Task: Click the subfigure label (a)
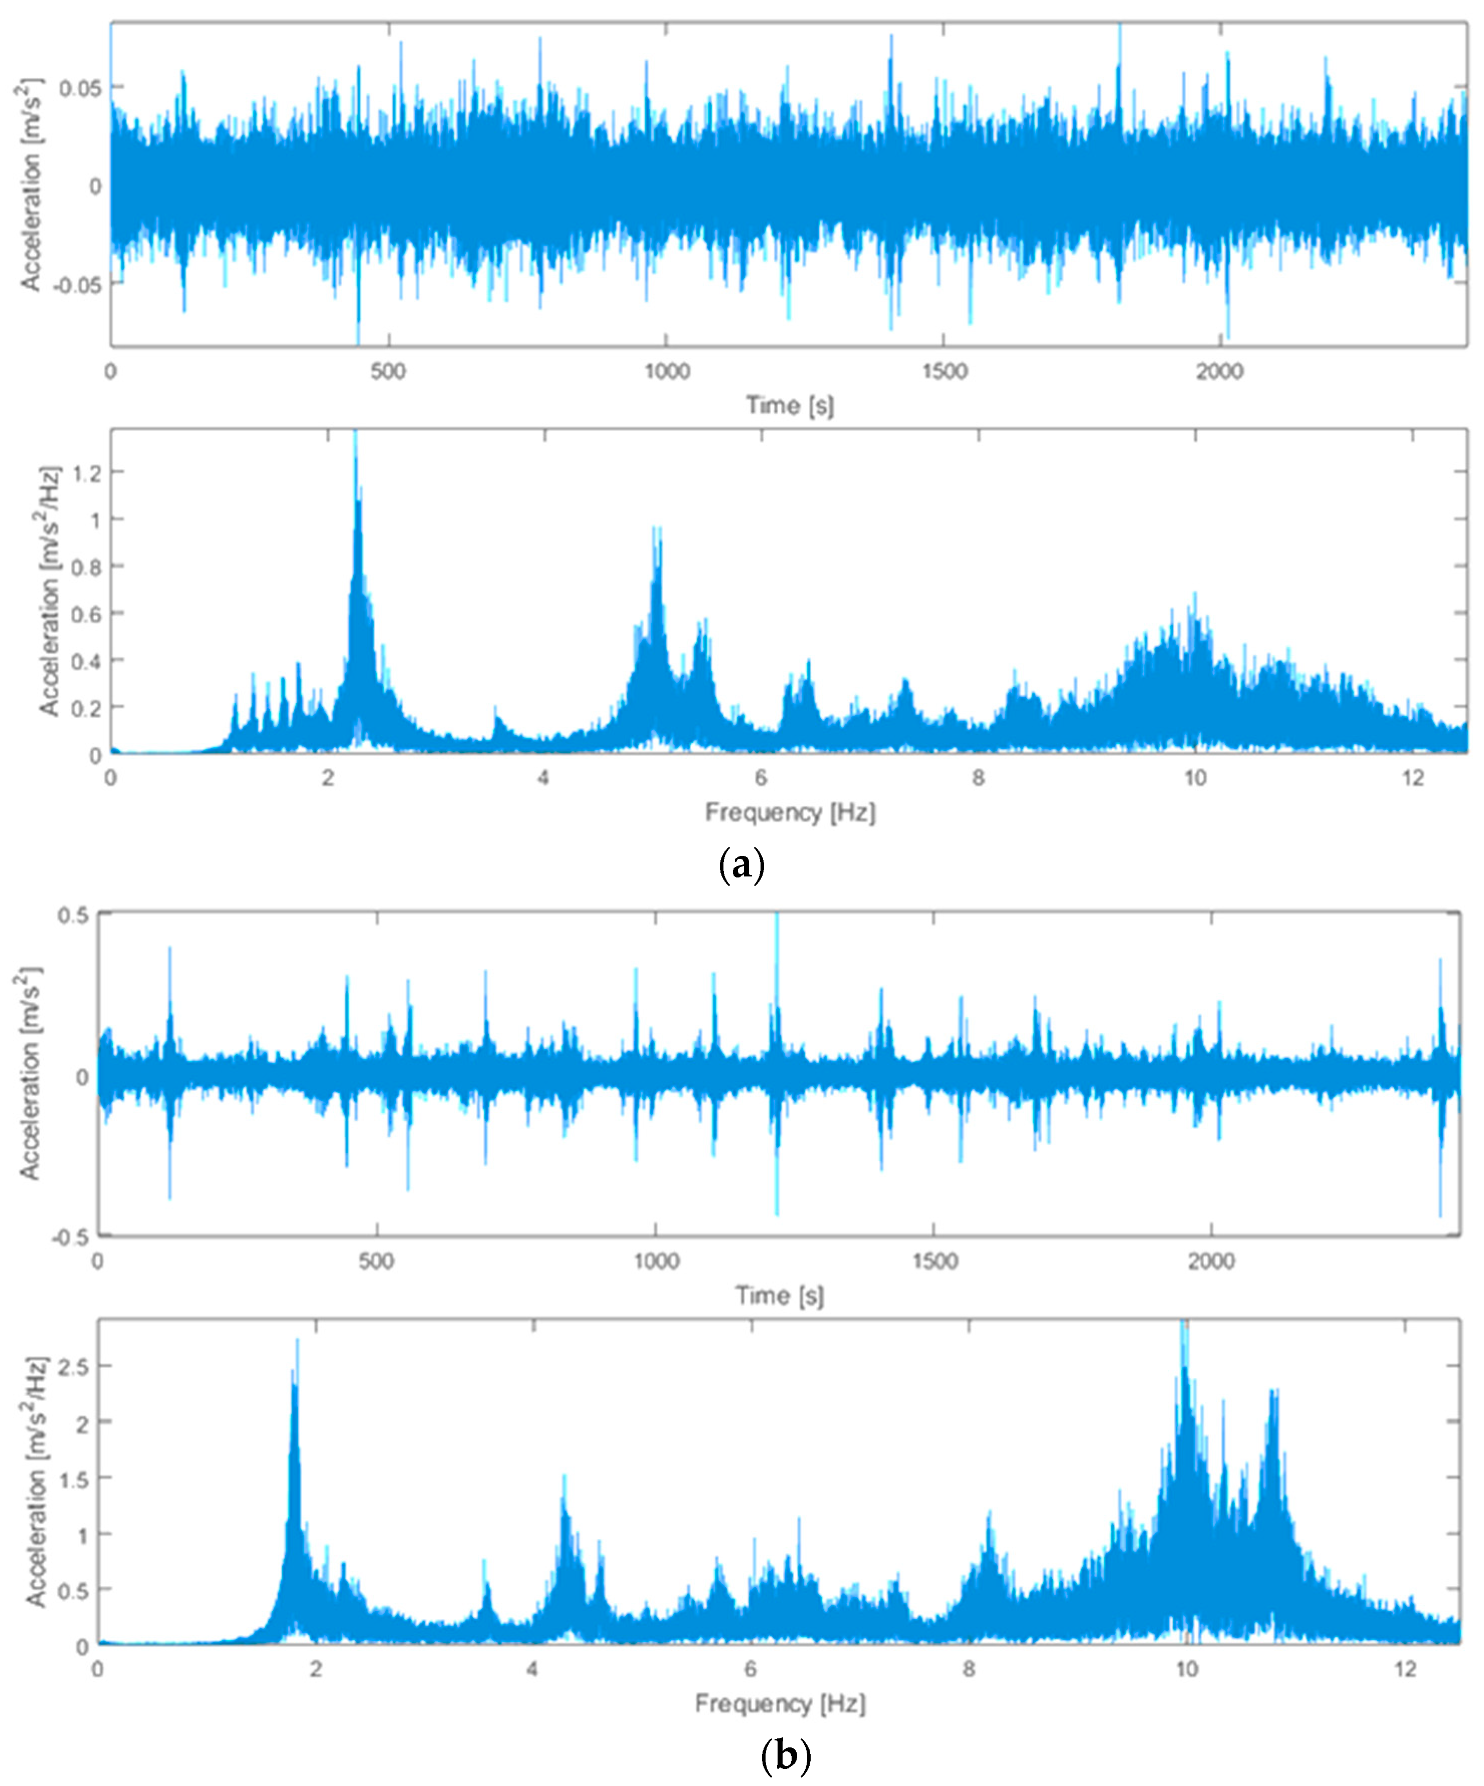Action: tap(741, 866)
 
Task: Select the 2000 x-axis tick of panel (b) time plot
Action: tap(1211, 1261)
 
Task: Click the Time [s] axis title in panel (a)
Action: tap(789, 406)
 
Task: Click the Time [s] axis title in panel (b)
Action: tap(779, 1295)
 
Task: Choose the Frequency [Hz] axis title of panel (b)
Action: tap(779, 1703)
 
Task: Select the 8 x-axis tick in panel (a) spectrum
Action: tap(978, 779)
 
